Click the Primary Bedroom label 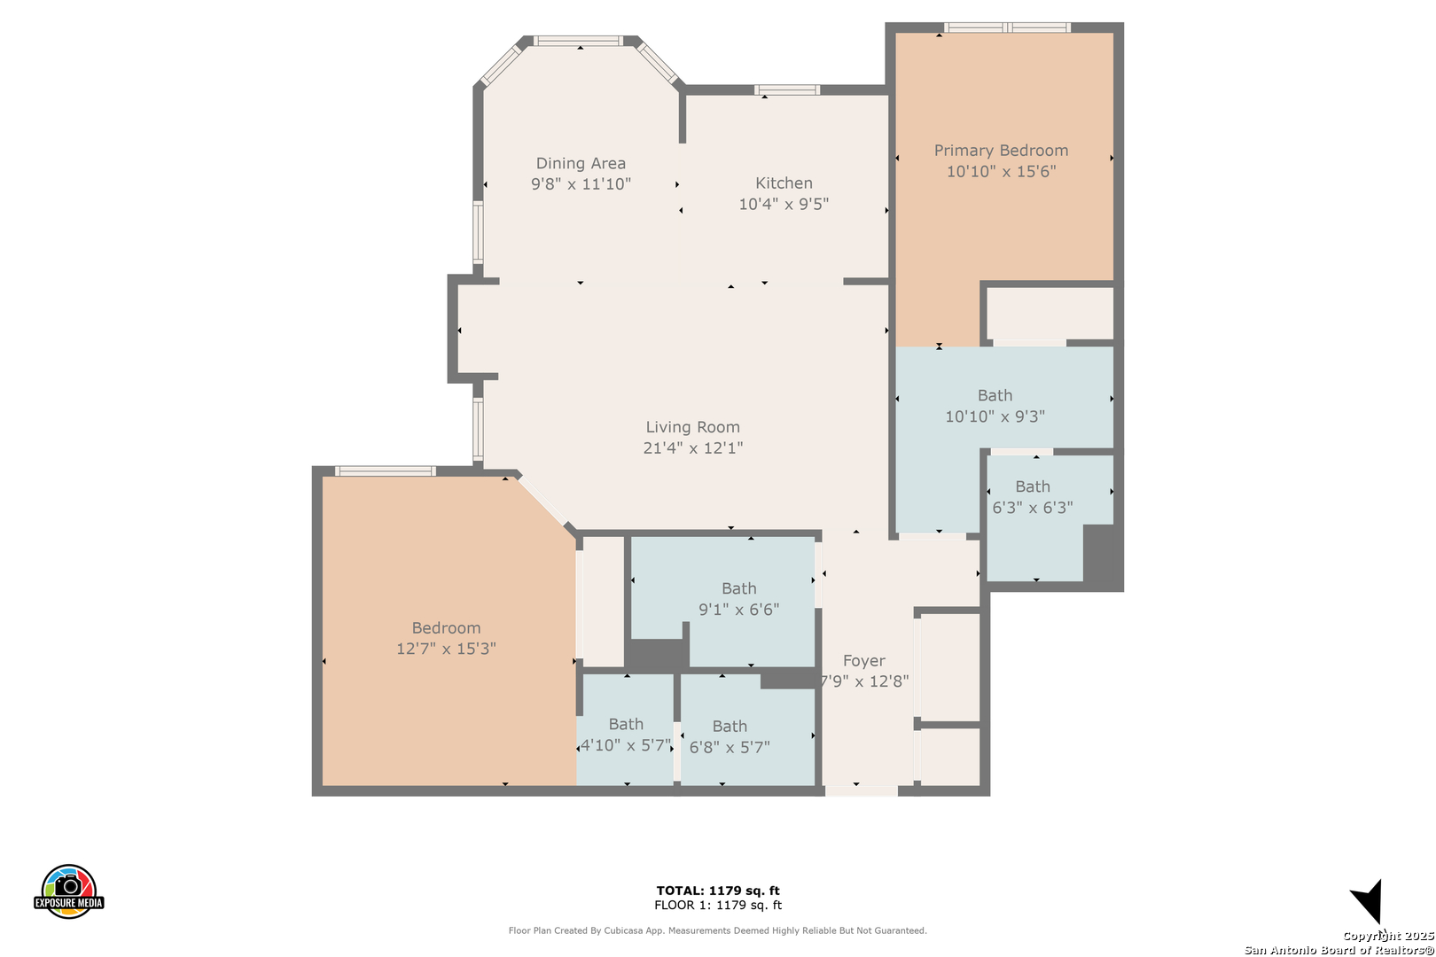pos(1001,151)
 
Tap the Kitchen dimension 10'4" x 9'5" pos(784,204)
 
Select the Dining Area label pos(581,163)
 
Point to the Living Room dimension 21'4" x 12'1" pos(692,447)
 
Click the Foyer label pos(863,661)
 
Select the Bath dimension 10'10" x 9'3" pos(995,416)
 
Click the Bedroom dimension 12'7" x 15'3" pos(446,649)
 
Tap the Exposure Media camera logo pos(69,891)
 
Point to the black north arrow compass pos(1368,903)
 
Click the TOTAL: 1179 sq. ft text pos(718,891)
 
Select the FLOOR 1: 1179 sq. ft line pos(718,905)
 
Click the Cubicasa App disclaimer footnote pos(717,930)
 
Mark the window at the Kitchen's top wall pos(787,89)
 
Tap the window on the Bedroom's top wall pos(385,471)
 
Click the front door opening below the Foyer pos(861,790)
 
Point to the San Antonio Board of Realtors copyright pos(1338,950)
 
